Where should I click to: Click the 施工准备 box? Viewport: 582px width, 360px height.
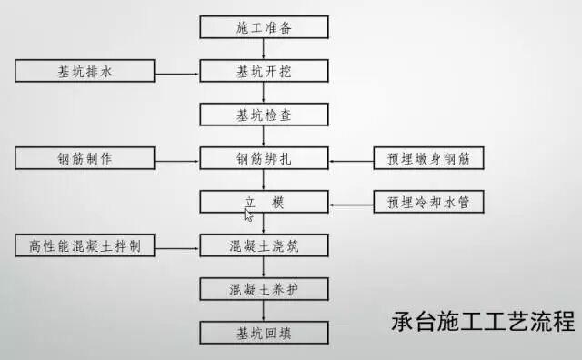(x=264, y=27)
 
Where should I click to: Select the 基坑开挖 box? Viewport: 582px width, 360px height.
(x=264, y=71)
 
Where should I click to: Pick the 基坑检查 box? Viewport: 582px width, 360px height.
(x=264, y=115)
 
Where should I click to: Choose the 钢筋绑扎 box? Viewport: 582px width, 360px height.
(x=264, y=158)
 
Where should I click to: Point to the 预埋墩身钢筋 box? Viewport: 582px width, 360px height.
(x=428, y=158)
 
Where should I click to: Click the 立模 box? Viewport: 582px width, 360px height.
(x=264, y=202)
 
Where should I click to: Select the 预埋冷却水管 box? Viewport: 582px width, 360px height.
(x=428, y=202)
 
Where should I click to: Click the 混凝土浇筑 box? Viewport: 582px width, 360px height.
(x=264, y=245)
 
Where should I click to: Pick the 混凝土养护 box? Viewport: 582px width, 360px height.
(x=264, y=289)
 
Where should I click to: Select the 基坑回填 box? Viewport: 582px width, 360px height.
(x=264, y=331)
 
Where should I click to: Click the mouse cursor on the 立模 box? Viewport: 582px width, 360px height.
(x=248, y=215)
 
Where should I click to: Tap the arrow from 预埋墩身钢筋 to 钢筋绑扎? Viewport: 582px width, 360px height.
(x=351, y=158)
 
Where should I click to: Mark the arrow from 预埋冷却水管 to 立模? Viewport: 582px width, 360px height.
(x=351, y=202)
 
